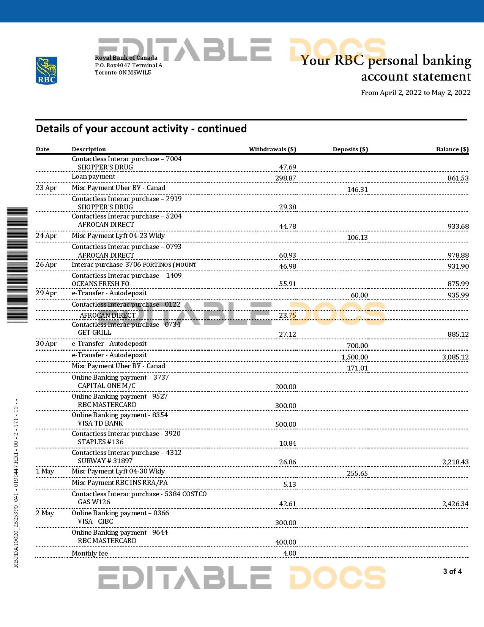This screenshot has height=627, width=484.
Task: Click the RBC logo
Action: [x=46, y=70]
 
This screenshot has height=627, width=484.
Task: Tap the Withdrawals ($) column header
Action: [x=272, y=149]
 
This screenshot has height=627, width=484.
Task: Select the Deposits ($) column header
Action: [x=350, y=149]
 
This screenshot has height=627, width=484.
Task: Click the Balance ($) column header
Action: [x=452, y=149]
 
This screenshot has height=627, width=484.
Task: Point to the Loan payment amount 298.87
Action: [x=285, y=178]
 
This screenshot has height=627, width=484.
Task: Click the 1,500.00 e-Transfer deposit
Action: [x=355, y=357]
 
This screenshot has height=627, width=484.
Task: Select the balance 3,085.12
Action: [x=455, y=357]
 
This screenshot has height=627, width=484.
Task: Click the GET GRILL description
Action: [x=95, y=332]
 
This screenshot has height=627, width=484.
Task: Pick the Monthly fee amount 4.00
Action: [x=290, y=553]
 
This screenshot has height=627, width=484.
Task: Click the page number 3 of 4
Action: [x=452, y=572]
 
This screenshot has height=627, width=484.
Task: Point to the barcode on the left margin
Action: [x=17, y=265]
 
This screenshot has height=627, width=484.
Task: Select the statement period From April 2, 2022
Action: [x=416, y=93]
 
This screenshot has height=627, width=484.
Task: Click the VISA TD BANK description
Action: [x=101, y=423]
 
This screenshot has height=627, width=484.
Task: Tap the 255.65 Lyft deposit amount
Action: [x=357, y=473]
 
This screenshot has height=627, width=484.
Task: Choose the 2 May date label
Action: [x=45, y=513]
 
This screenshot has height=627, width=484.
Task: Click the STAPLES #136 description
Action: [x=101, y=442]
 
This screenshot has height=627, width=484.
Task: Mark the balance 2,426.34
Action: [x=455, y=504]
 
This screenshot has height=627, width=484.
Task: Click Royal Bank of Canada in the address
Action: [x=126, y=58]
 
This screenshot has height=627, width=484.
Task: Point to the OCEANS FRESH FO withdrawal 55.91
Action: [x=287, y=284]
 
